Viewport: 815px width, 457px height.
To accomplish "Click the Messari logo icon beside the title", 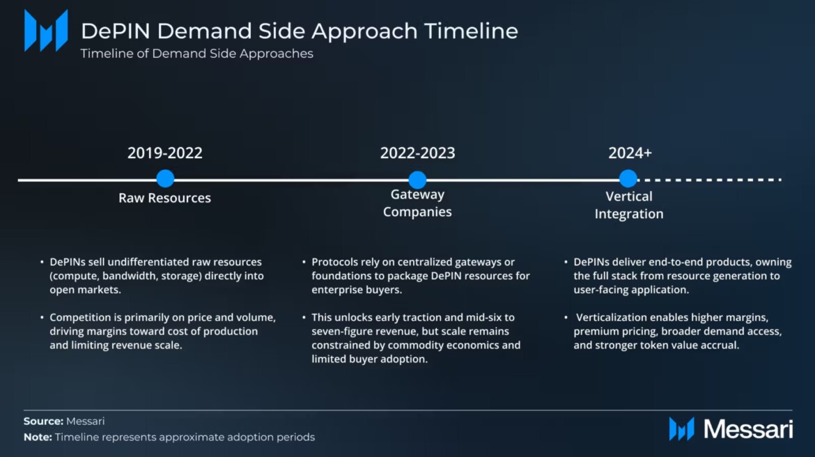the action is [x=46, y=30].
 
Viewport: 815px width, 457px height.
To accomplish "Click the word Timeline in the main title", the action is [x=471, y=31].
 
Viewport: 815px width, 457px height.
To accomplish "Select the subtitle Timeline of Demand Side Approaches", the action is [x=196, y=54].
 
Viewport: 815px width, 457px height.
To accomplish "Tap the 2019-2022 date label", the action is [x=165, y=153].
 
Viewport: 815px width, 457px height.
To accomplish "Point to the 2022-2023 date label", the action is [x=417, y=153].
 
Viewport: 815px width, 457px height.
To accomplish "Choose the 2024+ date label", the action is [x=630, y=153].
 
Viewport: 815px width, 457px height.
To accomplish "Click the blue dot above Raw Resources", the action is [x=165, y=178].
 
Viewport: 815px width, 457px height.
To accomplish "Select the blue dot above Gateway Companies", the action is [x=417, y=180].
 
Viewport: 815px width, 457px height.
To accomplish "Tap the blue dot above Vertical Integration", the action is [x=628, y=178].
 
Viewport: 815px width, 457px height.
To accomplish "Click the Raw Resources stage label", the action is [x=165, y=198].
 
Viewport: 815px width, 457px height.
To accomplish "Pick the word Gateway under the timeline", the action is [x=417, y=194].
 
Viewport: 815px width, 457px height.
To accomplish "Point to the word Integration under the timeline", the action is [x=629, y=214].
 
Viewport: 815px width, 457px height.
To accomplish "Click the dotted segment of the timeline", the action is [x=710, y=180].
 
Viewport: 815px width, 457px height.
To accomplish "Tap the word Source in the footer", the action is [x=43, y=421].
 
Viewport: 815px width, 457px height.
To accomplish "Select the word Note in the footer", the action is [x=38, y=437].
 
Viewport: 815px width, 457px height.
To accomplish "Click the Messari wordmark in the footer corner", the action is [x=748, y=429].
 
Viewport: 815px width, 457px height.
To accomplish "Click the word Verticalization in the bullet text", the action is [x=611, y=317].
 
